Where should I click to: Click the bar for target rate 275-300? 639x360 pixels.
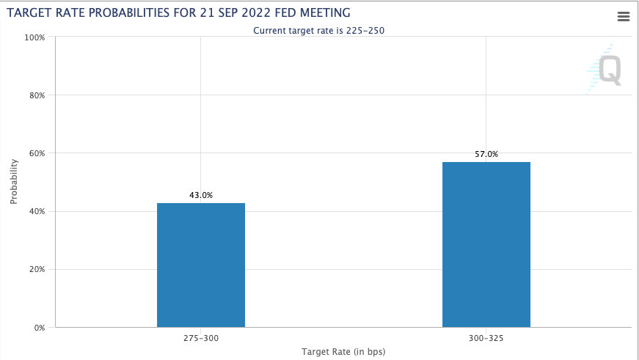200,265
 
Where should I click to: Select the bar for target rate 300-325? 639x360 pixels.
486,244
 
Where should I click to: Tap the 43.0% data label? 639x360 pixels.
200,195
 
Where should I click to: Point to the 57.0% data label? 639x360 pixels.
486,154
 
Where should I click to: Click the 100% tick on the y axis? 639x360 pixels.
35,37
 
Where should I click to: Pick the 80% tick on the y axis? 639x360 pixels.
37,95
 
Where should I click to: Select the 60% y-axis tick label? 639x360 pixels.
37,153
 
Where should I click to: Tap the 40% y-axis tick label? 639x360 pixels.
37,211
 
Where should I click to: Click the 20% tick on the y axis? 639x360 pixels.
37,269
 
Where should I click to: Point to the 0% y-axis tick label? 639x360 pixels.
39,328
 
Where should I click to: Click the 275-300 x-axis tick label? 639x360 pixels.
200,338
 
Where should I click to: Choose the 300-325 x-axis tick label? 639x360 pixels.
486,338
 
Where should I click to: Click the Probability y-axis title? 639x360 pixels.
14,182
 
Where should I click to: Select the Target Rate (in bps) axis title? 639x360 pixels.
343,351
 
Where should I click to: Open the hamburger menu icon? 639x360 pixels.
624,17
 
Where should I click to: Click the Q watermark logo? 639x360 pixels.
608,70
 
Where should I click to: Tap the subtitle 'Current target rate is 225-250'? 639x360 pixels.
319,30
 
